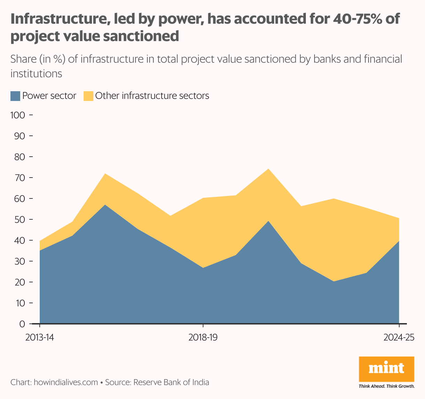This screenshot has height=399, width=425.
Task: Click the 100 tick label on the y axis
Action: point(18,115)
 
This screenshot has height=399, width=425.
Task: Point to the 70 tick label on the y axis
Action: point(20,178)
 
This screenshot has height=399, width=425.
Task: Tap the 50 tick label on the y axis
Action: point(20,220)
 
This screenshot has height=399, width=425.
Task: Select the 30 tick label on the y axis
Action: point(20,261)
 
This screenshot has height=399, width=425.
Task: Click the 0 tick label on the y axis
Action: point(22,324)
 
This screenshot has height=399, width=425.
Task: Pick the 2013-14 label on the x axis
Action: point(40,338)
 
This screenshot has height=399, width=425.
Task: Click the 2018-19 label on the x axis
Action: point(203,338)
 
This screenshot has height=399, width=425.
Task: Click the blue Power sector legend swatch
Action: point(15,96)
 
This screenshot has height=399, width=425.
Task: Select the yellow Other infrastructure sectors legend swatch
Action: point(88,96)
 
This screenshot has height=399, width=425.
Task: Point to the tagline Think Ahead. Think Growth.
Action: point(386,386)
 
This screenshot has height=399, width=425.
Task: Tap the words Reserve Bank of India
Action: point(171,382)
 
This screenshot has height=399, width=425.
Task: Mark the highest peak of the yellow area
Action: point(268,169)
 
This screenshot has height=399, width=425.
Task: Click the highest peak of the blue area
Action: point(105,205)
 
